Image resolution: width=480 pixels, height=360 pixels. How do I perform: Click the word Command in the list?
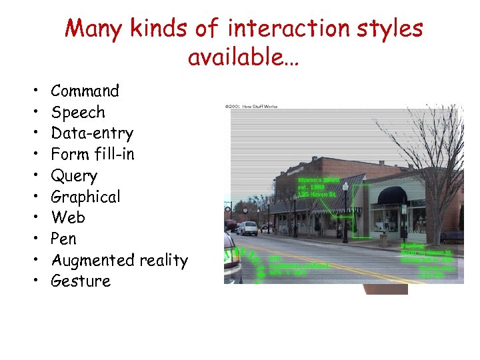tap(85, 91)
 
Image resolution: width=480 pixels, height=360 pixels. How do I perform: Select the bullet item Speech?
tap(78, 112)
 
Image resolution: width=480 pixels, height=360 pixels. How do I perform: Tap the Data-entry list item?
tap(92, 133)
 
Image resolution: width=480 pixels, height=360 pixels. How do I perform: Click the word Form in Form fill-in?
tap(68, 154)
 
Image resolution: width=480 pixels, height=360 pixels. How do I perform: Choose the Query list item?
tap(74, 175)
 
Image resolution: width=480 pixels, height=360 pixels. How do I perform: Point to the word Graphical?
tap(85, 197)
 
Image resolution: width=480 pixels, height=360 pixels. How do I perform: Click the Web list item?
tap(68, 217)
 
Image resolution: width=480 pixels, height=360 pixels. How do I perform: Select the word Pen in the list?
tap(64, 239)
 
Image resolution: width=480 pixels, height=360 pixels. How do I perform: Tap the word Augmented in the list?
tap(93, 260)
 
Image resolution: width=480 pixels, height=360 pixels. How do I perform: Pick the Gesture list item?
tap(81, 281)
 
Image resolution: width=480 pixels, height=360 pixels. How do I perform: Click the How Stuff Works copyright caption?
tap(251, 106)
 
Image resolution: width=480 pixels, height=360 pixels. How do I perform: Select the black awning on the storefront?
tap(392, 195)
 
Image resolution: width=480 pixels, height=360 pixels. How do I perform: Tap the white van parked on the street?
tap(247, 228)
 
